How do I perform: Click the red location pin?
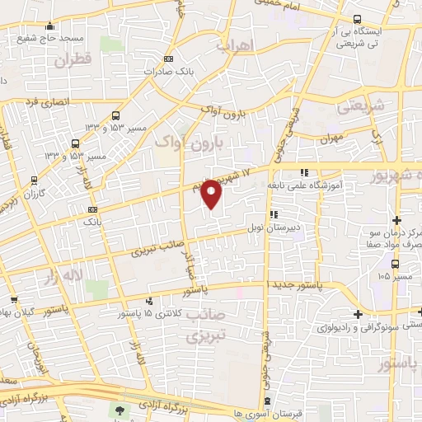pyautogui.click(x=212, y=192)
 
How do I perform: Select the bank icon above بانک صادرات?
pyautogui.click(x=169, y=59)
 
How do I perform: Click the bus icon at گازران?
pyautogui.click(x=34, y=180)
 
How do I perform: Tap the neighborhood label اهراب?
pyautogui.click(x=233, y=46)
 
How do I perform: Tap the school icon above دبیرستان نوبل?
pyautogui.click(x=274, y=215)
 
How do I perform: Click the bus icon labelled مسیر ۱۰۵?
pyautogui.click(x=396, y=264)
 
